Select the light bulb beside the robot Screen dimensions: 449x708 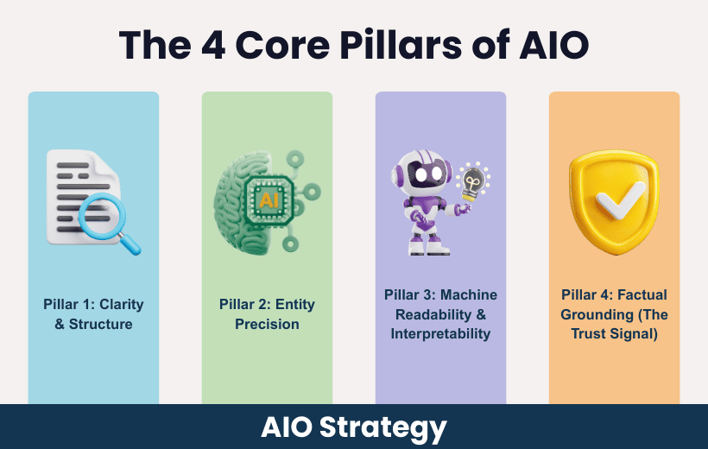coord(471,181)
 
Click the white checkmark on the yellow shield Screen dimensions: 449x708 coord(615,201)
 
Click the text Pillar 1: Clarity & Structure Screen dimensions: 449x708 coord(93,314)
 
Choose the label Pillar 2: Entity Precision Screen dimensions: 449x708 coord(267,314)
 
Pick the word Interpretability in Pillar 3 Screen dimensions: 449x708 coord(440,333)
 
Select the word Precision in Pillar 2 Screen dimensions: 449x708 coord(267,325)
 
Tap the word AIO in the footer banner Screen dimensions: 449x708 coord(287,427)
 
